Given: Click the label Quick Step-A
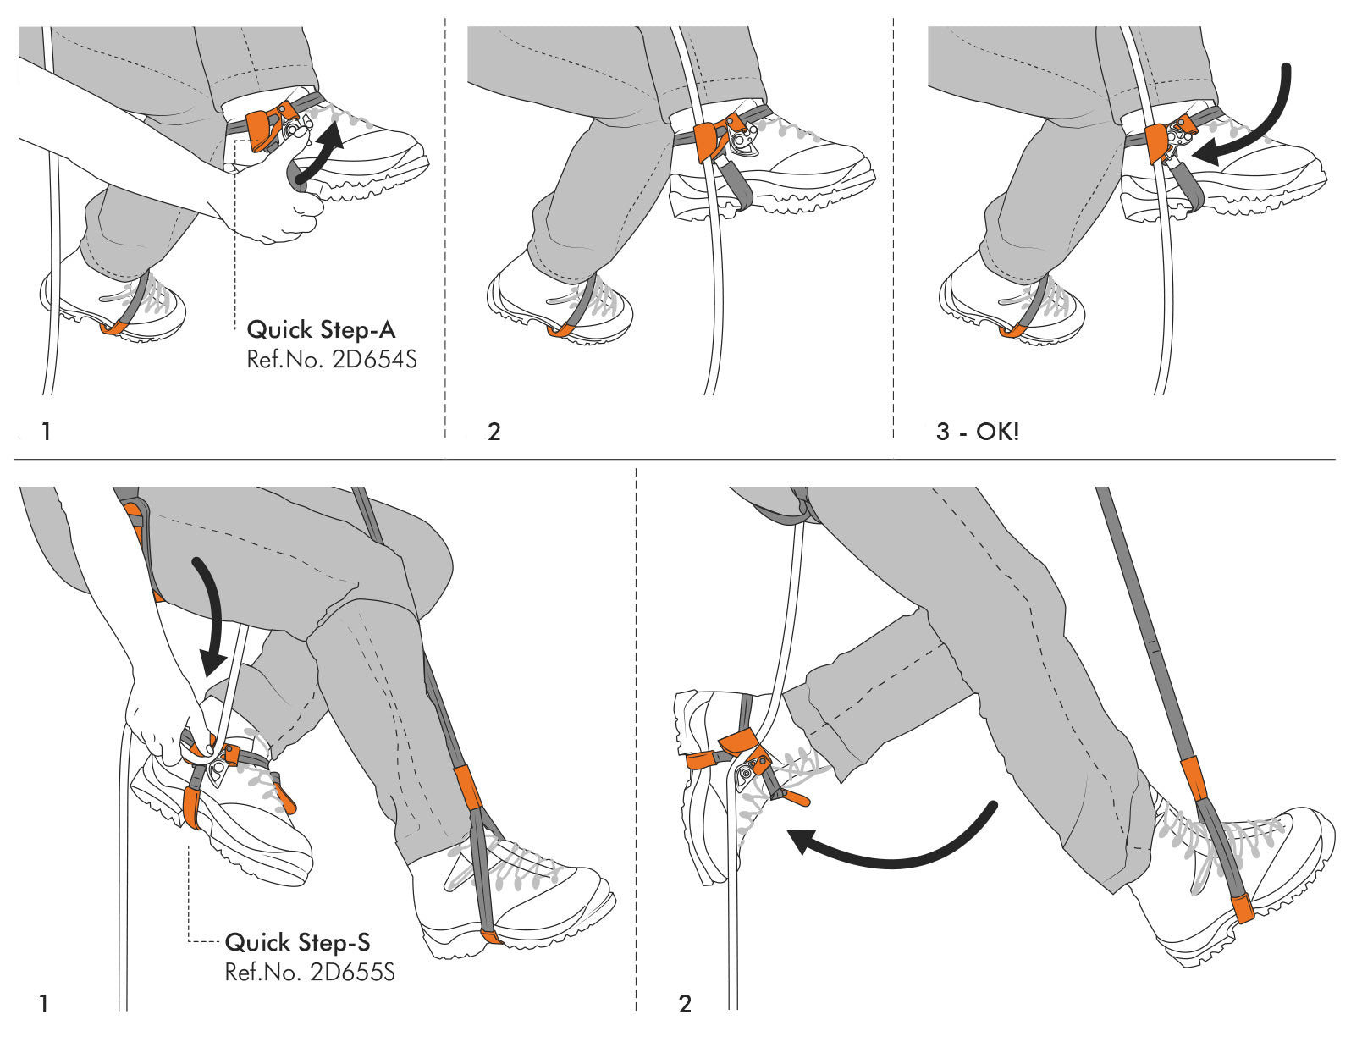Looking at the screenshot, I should click(321, 329).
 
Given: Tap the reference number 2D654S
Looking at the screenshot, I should click(331, 360).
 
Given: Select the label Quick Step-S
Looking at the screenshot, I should click(297, 942).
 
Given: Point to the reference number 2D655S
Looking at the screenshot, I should click(310, 972).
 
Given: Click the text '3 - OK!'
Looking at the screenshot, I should click(978, 432).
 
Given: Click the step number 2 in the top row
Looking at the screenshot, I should click(494, 432).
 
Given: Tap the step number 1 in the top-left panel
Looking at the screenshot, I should click(47, 432).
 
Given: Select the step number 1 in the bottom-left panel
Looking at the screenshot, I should click(44, 1005).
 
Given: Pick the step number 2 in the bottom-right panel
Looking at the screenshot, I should click(685, 1005).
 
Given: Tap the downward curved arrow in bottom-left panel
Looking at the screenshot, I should click(211, 617).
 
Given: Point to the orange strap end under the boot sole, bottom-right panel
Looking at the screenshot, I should click(1242, 909).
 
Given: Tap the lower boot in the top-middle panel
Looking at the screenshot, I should click(559, 305).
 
